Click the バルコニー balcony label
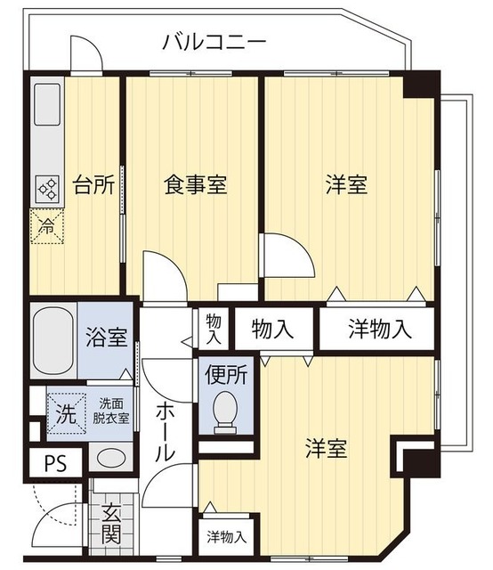pos(214,42)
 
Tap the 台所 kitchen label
pos(93,185)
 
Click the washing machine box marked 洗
pos(65,413)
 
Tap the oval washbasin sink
pos(110,459)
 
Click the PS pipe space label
pos(54,463)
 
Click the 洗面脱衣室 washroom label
pos(112,410)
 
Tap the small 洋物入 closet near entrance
pos(227,537)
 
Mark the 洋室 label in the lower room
pos(328,449)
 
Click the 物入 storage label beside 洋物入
pos(272,330)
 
